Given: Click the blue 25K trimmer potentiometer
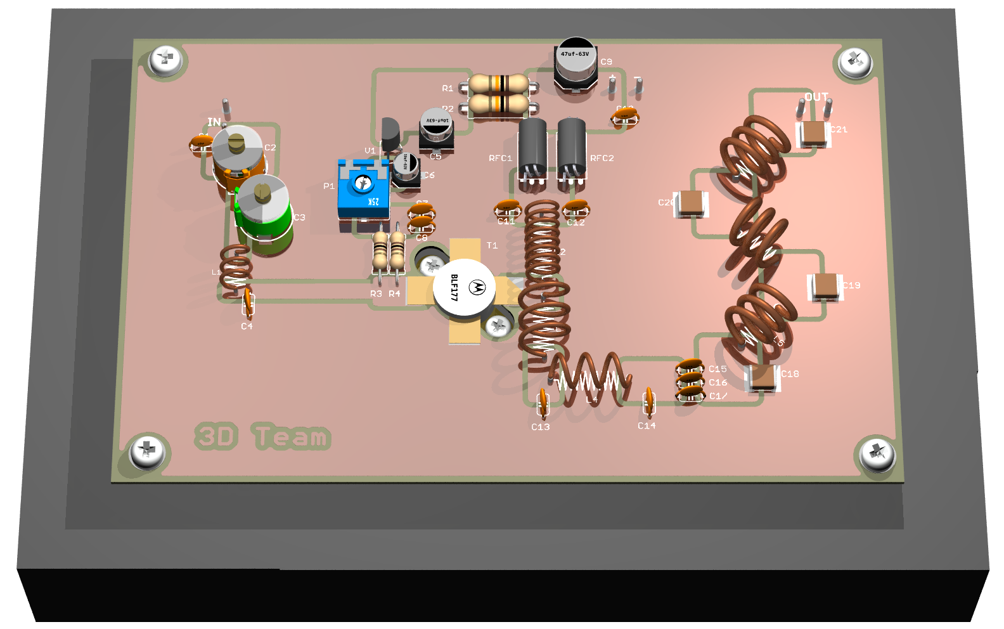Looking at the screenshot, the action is (363, 190).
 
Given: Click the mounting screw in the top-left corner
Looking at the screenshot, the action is (166, 61).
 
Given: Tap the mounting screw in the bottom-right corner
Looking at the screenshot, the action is (877, 454).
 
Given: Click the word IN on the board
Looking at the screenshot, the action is (214, 122).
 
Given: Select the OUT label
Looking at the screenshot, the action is (816, 97).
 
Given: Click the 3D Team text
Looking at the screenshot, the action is (262, 436).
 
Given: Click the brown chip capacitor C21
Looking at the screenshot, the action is (813, 134).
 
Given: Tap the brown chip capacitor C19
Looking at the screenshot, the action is (825, 286).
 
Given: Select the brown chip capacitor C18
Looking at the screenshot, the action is (764, 377).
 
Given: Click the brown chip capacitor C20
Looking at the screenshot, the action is (692, 203).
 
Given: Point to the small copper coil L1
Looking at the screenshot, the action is (236, 266).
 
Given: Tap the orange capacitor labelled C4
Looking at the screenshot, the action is (248, 302).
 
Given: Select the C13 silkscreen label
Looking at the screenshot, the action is (541, 427).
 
